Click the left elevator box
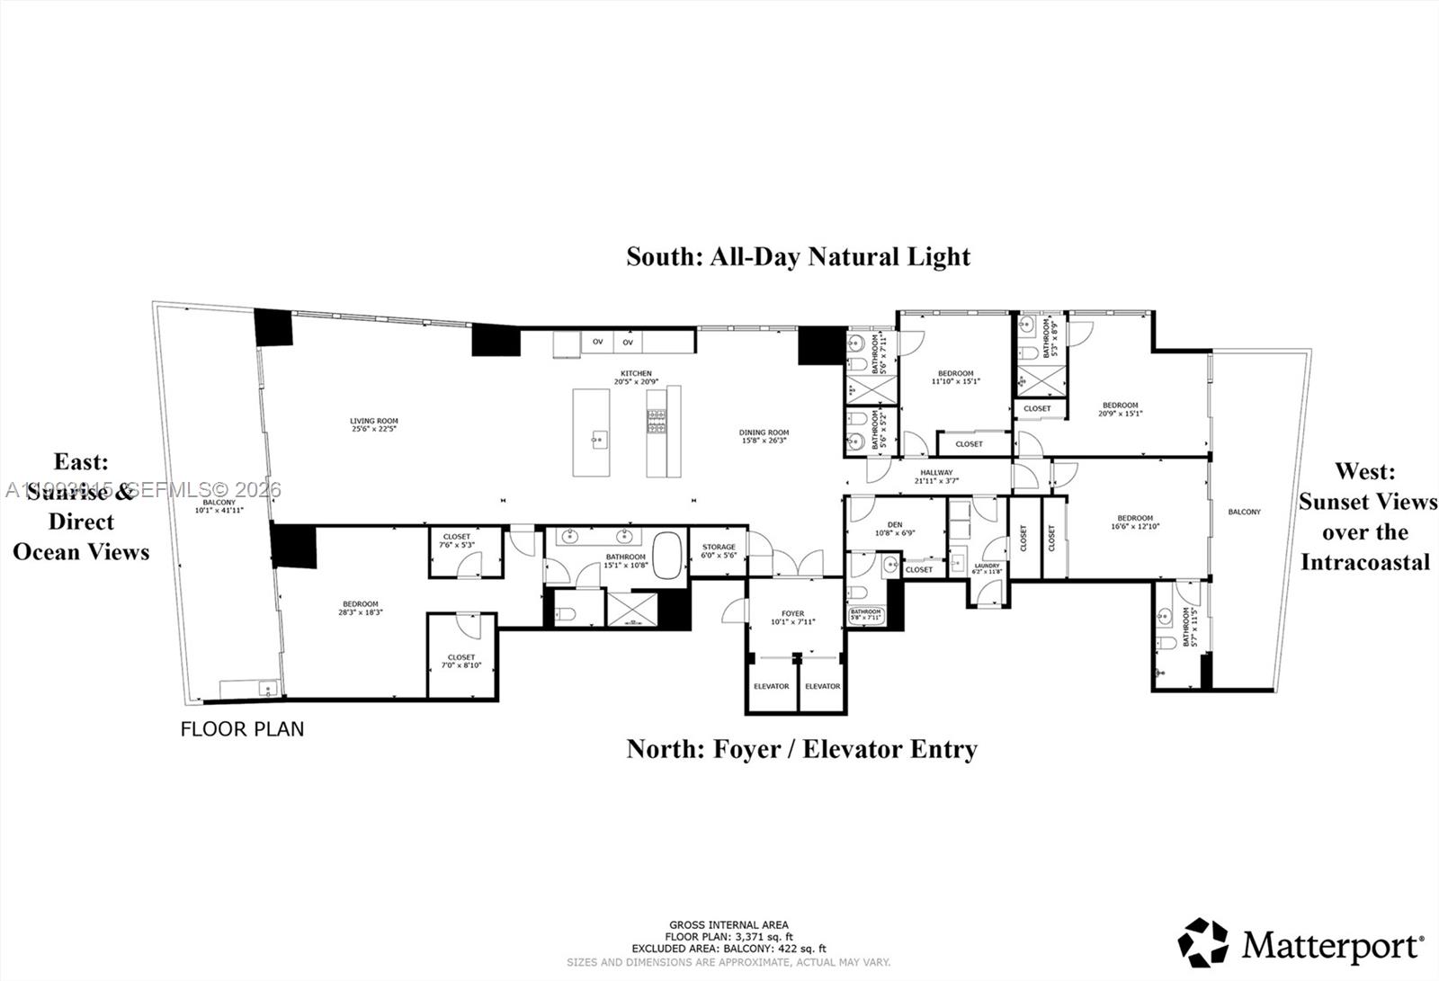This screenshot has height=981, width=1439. (x=771, y=686)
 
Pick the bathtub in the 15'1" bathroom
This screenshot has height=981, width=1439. (x=667, y=556)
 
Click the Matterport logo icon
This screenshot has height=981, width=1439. (x=1202, y=942)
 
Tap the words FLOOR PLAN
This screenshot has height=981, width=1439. (x=242, y=729)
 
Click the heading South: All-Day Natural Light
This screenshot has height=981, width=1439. (x=798, y=256)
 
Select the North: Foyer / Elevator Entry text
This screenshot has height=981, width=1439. (x=801, y=748)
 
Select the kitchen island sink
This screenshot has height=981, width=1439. (x=599, y=440)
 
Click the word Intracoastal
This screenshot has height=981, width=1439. (x=1364, y=563)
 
